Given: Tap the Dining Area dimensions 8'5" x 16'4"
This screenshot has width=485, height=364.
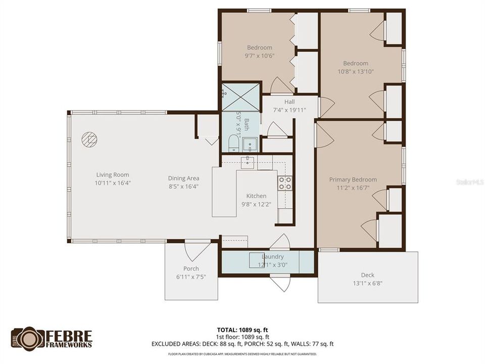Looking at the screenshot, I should [x=183, y=186].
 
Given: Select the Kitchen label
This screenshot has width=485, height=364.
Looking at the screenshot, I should [x=256, y=196].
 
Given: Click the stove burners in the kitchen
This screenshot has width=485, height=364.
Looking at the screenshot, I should [x=285, y=183].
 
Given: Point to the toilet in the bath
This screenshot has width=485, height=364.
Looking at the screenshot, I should [x=233, y=143].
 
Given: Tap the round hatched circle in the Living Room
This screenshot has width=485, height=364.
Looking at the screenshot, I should [x=89, y=139].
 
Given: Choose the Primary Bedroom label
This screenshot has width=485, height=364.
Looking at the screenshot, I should [x=353, y=179].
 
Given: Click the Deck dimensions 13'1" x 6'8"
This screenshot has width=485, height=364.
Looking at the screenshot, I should [x=367, y=283].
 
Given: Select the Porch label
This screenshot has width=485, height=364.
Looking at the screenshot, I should [x=191, y=268].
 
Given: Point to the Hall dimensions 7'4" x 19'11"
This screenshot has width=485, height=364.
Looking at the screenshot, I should [x=289, y=110].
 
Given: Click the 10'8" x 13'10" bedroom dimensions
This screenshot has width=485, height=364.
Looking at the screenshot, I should [x=356, y=71].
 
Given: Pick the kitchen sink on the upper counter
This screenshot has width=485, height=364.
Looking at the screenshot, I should [x=248, y=162].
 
